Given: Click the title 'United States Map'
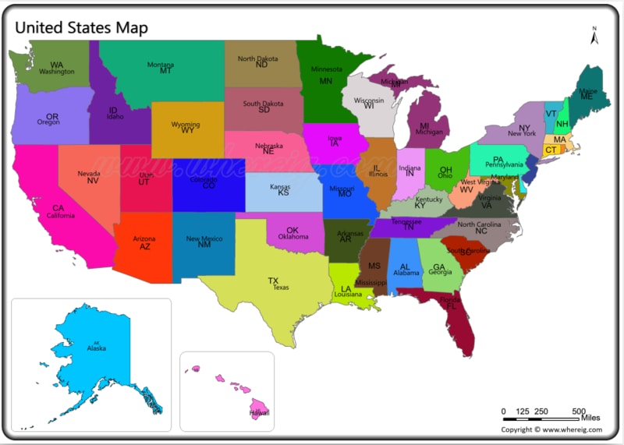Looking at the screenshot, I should (81, 27).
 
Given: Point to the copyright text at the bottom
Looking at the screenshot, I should (549, 429).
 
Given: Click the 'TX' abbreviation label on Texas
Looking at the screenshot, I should (273, 281).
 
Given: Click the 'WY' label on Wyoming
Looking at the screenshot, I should (187, 131).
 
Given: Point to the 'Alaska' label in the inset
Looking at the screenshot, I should (96, 348).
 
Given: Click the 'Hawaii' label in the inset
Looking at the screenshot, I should (259, 413).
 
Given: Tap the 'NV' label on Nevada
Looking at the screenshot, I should (92, 181).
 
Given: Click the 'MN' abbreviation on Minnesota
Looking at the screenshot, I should (325, 81).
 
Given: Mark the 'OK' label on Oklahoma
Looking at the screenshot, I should (292, 230).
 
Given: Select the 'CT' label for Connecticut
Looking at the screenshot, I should (551, 150).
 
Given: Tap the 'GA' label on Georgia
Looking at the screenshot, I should (439, 267).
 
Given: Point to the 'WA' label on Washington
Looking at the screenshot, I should (57, 65).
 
